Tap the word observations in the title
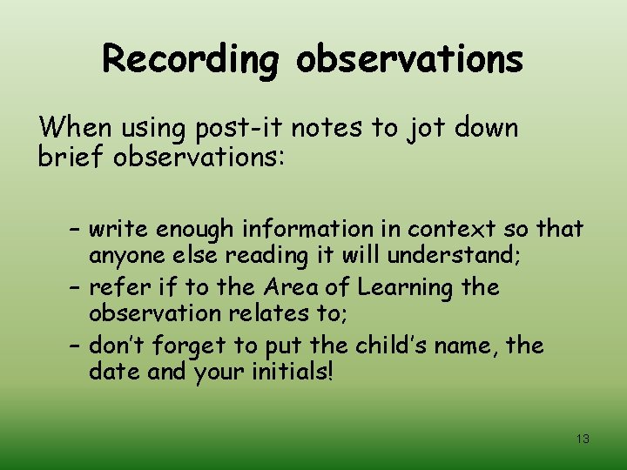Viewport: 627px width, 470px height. [410, 60]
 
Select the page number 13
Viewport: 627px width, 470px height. [583, 440]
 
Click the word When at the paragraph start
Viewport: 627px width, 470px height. [76, 129]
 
